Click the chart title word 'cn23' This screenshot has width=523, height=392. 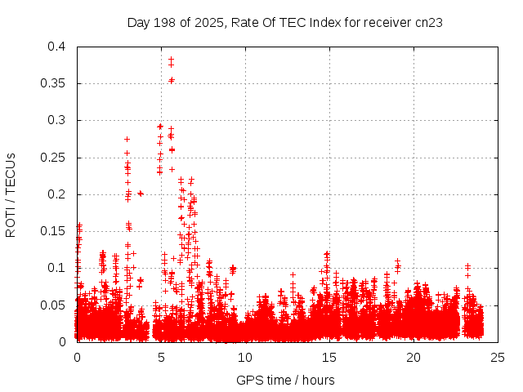click(x=429, y=22)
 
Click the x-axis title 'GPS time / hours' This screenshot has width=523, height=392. click(x=285, y=380)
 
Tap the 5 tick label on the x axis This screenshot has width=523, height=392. click(x=161, y=357)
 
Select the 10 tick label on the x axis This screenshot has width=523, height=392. click(x=245, y=357)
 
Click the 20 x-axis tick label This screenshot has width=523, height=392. click(x=413, y=357)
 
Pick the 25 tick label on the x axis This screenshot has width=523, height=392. click(x=498, y=357)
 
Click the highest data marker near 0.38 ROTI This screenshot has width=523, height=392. click(x=171, y=60)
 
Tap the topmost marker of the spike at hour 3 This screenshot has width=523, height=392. click(x=127, y=139)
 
